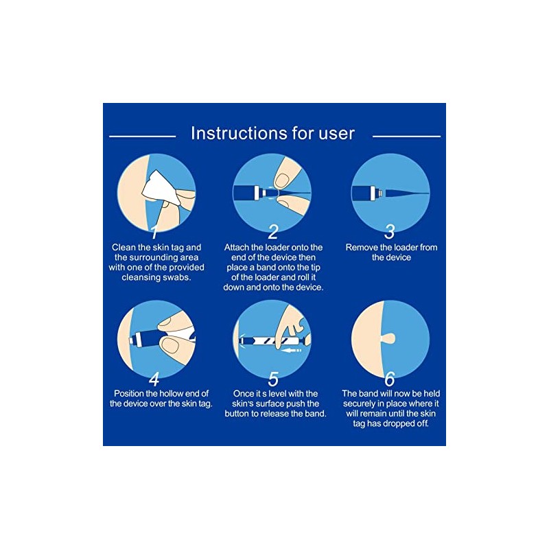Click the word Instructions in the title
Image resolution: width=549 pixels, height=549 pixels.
[x=232, y=133]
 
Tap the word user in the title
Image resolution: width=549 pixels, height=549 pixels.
[x=336, y=135]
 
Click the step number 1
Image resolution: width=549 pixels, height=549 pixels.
[x=154, y=231]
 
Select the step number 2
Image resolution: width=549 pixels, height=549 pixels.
[x=273, y=231]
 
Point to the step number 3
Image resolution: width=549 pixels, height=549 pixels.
[x=390, y=231]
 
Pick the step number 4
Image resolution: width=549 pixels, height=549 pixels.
[x=154, y=379]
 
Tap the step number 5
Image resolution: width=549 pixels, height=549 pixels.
[x=273, y=379]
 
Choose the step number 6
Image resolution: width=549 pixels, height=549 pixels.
[x=390, y=379]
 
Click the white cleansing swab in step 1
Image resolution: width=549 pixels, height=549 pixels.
[x=160, y=189]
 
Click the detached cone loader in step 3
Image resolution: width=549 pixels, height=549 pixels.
[x=407, y=193]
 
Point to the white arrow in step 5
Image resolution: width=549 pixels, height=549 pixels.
[x=291, y=350]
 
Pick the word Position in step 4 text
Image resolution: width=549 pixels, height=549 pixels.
[x=129, y=393]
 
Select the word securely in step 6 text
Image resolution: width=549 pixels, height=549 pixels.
[x=359, y=404]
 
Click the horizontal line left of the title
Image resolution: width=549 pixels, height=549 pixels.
[x=143, y=136]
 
